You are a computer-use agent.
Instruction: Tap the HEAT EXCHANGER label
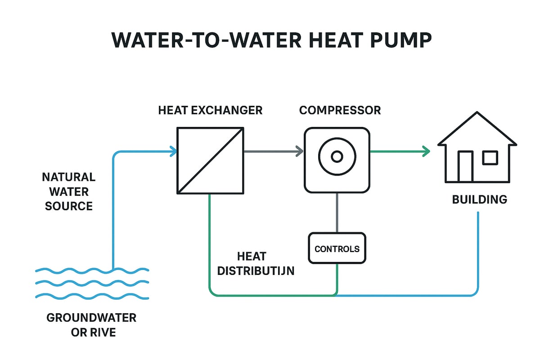[210, 110]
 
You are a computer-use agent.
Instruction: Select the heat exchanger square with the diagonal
[210, 161]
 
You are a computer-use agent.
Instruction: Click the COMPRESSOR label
[340, 110]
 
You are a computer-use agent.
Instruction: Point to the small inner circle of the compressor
[337, 156]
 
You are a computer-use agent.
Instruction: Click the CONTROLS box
[337, 248]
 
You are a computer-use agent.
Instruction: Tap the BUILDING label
[479, 199]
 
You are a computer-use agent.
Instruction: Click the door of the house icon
[465, 166]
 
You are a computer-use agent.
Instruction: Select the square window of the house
[490, 158]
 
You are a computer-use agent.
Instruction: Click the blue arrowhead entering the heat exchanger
[173, 152]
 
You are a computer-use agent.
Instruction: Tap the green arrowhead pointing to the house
[425, 152]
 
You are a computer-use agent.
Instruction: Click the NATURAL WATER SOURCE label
[69, 192]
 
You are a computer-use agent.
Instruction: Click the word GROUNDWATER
[91, 318]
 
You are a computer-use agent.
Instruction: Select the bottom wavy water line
[92, 296]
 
